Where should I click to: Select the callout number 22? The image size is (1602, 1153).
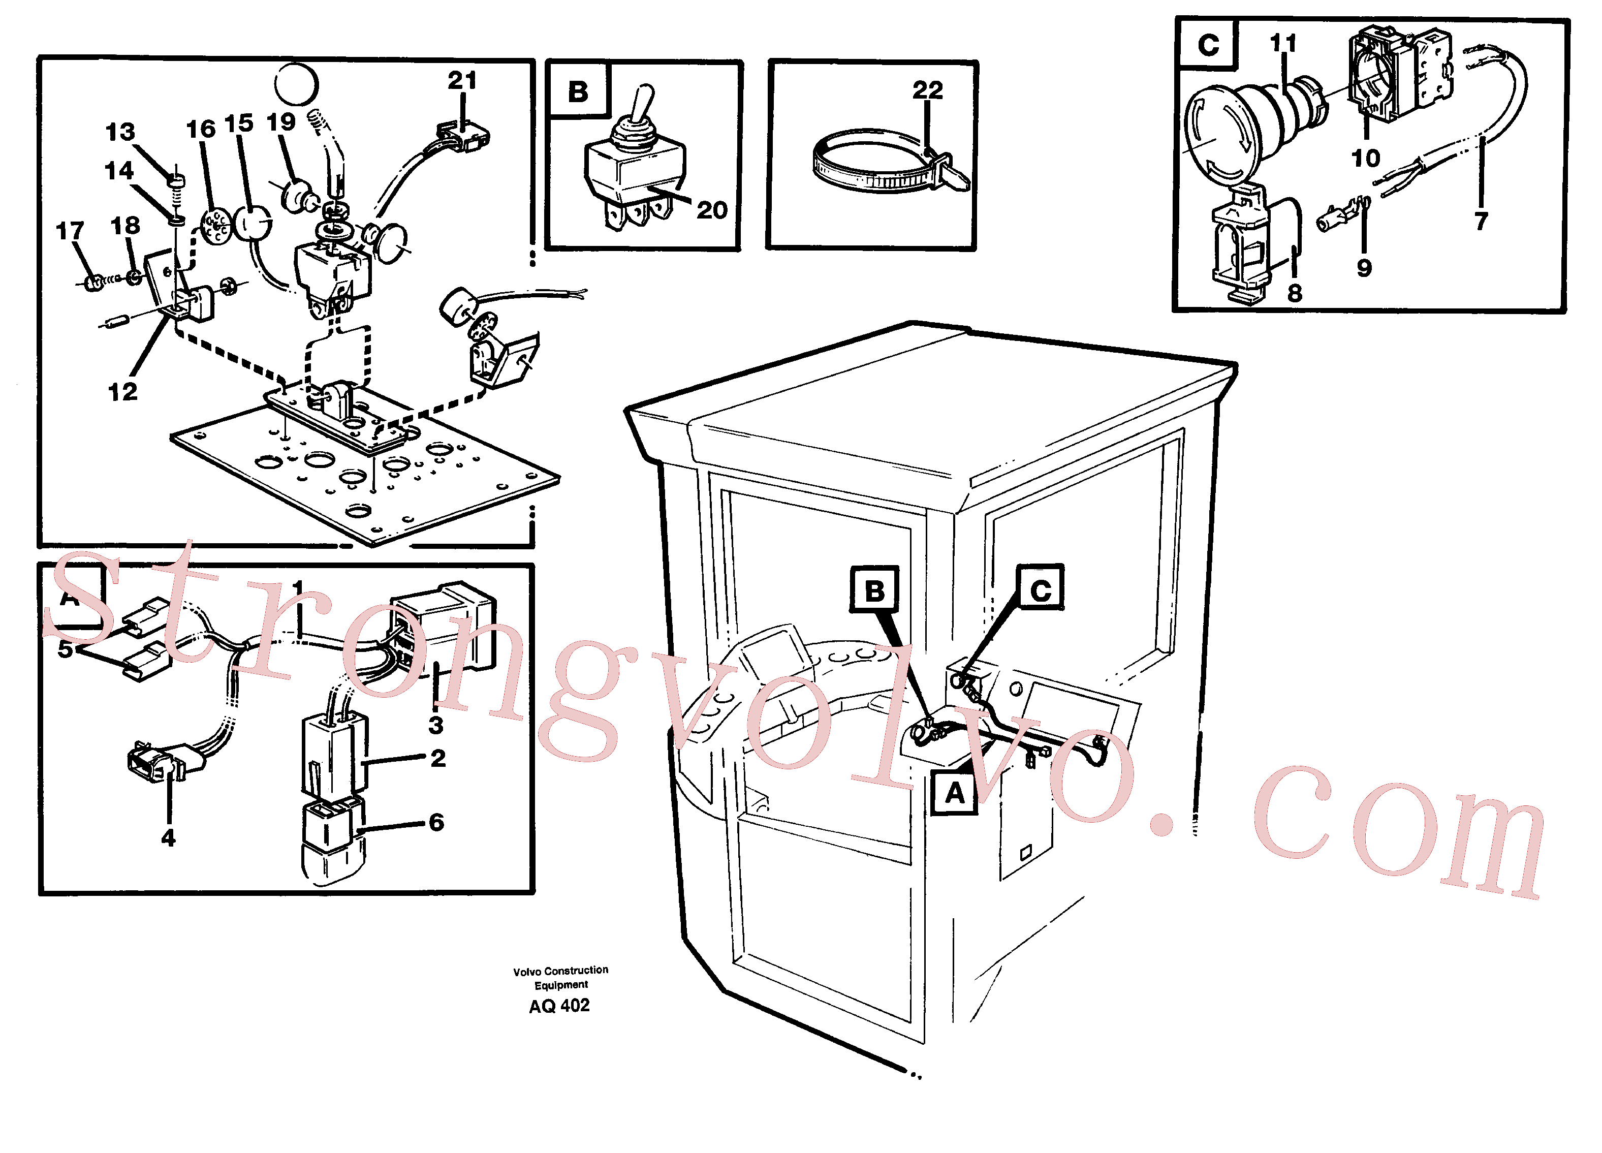click(927, 90)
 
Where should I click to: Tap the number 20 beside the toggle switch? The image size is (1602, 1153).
click(712, 210)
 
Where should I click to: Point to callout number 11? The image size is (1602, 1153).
click(1283, 43)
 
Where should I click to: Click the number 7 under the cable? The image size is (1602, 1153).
click(1481, 221)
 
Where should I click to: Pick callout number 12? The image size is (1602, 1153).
click(122, 391)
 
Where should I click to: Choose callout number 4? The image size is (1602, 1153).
click(168, 838)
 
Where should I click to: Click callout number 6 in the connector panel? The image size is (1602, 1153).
click(436, 822)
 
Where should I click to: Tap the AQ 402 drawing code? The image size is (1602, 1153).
click(559, 1005)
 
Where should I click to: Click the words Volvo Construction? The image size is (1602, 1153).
click(561, 971)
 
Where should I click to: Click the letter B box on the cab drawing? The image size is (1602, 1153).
click(874, 589)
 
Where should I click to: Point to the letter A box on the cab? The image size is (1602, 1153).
click(954, 793)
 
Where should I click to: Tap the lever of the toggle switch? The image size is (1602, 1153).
click(643, 106)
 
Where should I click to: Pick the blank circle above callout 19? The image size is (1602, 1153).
click(296, 84)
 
